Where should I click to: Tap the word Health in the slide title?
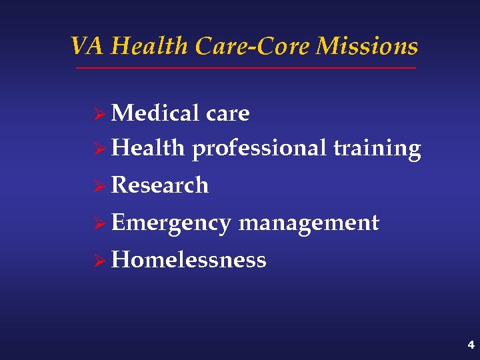150,46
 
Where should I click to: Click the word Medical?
156,113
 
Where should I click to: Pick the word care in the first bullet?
228,114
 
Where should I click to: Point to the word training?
377,149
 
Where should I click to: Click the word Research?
160,185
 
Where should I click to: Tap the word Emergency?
171,223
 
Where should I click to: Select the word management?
309,223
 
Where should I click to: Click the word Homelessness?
189,259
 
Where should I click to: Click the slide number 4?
471,345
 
